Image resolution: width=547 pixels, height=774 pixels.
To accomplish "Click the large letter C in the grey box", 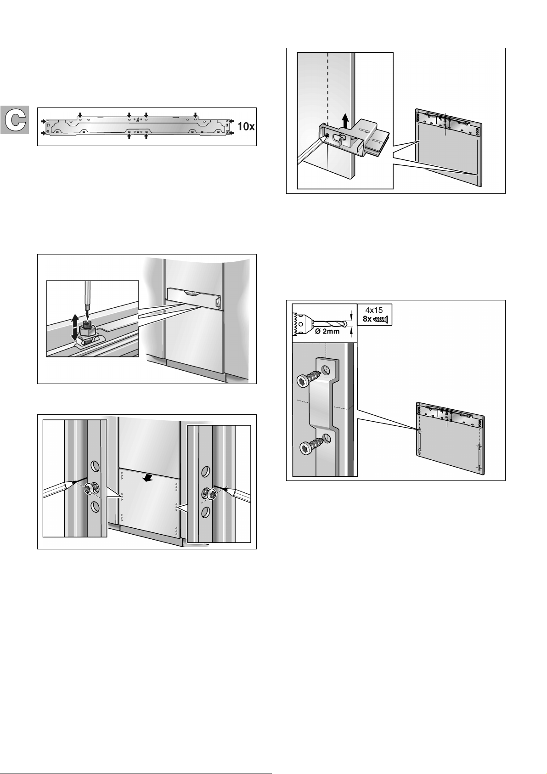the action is (15, 120).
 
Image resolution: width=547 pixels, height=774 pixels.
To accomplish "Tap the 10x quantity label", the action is (246, 126).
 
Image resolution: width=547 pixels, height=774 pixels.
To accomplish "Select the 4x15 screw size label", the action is (374, 310).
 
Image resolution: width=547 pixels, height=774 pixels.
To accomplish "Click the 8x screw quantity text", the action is (367, 319).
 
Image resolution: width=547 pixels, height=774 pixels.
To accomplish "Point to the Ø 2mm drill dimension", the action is (327, 331).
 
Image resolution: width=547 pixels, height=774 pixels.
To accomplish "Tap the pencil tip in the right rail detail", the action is (215, 486).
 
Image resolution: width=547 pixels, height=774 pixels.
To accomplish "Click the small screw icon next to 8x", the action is (380, 319).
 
